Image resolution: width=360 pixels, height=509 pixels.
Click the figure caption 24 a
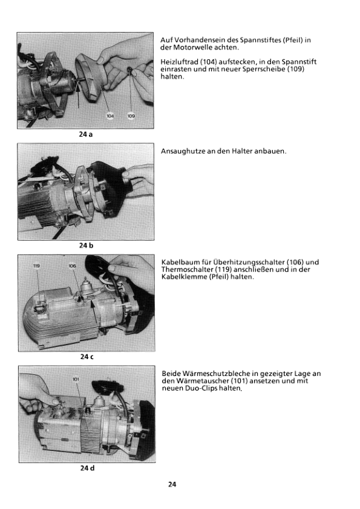click(86, 134)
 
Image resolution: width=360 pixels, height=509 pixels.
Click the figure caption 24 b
click(86, 245)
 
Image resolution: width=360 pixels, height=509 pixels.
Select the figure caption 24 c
click(87, 357)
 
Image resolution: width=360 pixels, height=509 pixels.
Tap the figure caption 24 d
click(87, 468)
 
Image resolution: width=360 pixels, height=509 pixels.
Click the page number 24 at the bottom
click(172, 484)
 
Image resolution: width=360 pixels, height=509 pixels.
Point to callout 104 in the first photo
click(110, 116)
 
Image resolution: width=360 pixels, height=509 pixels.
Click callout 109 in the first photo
click(131, 116)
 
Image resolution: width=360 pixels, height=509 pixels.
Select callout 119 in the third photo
click(36, 266)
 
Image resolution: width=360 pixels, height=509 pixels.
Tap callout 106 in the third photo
click(72, 266)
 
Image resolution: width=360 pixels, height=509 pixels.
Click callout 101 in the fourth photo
click(76, 379)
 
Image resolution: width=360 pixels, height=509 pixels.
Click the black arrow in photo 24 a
click(78, 94)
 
